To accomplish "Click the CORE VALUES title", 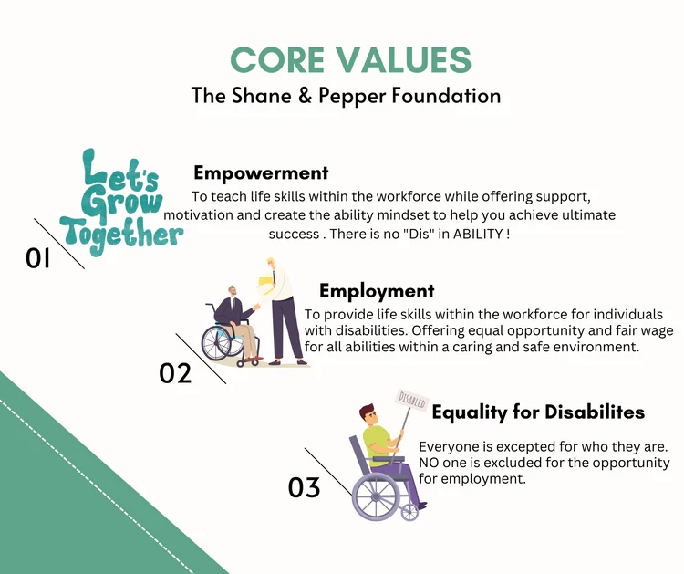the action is tap(351, 60).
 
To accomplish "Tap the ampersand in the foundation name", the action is tap(305, 96).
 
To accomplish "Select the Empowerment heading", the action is tap(261, 172).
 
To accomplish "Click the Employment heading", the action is tap(377, 291).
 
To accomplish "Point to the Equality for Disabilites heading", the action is tap(538, 412).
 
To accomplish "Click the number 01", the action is tap(38, 258).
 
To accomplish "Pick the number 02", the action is tap(175, 373).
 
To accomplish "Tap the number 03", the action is tap(304, 487).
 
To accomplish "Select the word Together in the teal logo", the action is tap(122, 235).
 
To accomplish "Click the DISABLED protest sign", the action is tap(412, 401).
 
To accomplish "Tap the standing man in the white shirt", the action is tap(282, 311).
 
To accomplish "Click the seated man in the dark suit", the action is tap(235, 323).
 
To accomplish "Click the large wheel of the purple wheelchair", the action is tap(376, 496).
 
